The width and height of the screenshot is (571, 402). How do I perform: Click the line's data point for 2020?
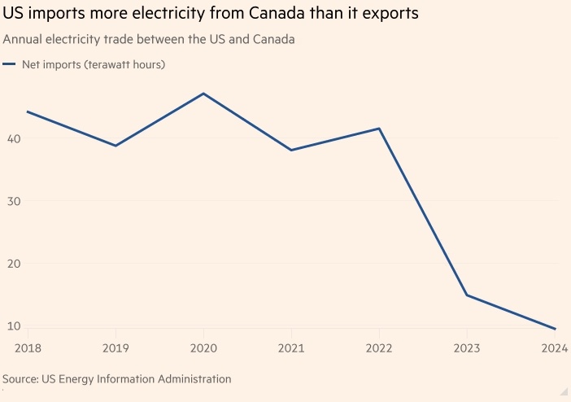coord(203,94)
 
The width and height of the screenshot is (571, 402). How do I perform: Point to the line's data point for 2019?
coord(116,146)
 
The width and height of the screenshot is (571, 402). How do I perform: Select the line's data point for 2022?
coord(379,129)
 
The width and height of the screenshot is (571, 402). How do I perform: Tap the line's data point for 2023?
coord(467,295)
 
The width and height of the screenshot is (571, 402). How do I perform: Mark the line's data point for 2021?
coord(291,150)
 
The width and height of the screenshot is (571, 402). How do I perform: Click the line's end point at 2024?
coord(555,329)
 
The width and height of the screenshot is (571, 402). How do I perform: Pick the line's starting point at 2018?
coord(28,111)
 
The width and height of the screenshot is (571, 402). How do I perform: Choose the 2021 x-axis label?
coord(291,349)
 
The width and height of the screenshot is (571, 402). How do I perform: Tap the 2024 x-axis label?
coord(554,349)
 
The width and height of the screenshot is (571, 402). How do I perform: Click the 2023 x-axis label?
coord(467,349)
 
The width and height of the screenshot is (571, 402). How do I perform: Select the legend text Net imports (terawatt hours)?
coord(94,64)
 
